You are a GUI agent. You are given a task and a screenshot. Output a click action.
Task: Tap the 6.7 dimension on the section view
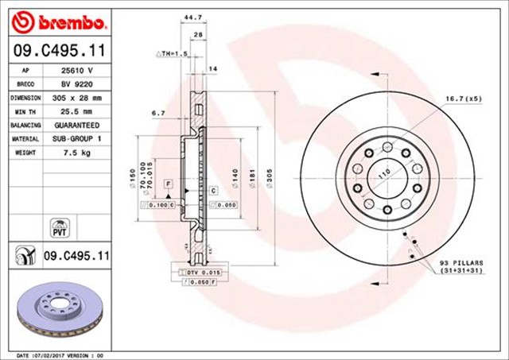159,113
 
